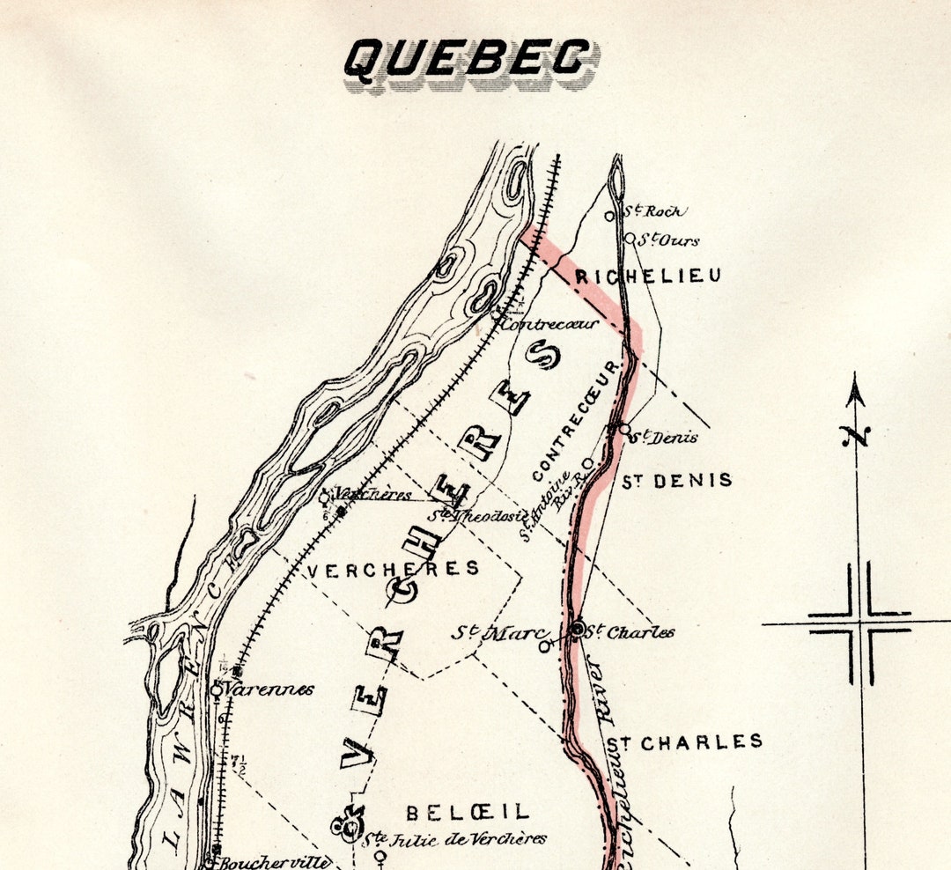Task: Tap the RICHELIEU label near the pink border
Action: [x=648, y=276]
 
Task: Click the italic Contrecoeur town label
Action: [x=549, y=324]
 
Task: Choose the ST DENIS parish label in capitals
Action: [x=676, y=481]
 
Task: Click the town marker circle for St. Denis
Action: [x=623, y=429]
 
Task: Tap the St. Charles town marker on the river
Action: [x=578, y=629]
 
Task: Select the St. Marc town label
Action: [x=498, y=632]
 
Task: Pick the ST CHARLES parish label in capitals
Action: [x=683, y=742]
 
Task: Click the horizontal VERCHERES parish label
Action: [x=393, y=570]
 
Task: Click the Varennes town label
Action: [x=269, y=689]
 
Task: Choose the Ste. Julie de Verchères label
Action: [x=456, y=839]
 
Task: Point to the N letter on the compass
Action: [x=854, y=435]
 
